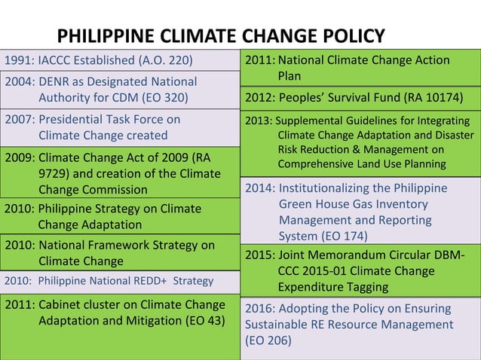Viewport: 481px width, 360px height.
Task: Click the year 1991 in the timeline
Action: point(20,60)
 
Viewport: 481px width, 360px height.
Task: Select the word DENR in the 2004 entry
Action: point(55,81)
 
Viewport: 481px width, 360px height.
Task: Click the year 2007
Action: point(20,119)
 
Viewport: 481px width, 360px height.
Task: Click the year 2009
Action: point(20,158)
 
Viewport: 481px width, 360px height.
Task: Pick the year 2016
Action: point(259,309)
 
